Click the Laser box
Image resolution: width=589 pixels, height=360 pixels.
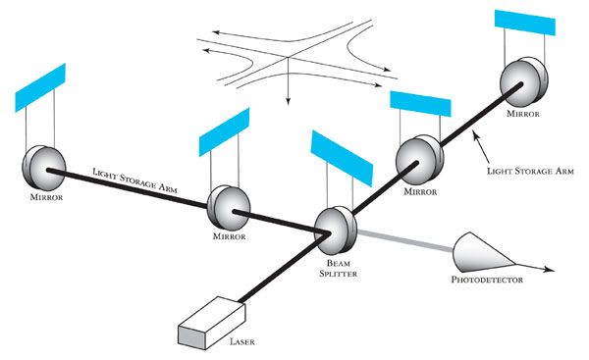pos(211,323)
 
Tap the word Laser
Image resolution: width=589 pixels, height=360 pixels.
pos(242,341)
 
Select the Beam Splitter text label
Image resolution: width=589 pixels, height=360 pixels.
pos(338,269)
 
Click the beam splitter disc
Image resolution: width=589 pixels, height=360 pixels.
pos(335,231)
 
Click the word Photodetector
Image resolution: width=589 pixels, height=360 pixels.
pos(487,280)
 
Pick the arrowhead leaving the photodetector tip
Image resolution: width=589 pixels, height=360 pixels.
pos(549,269)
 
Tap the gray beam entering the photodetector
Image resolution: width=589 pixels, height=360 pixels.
pos(404,240)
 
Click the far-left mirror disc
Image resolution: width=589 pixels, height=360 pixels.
pos(44,168)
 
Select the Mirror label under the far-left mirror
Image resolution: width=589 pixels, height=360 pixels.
pos(46,197)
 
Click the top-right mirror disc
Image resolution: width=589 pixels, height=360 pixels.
pos(523,81)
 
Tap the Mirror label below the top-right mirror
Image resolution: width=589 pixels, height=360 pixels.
pos(523,114)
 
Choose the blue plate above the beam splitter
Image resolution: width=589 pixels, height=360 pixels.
pos(342,158)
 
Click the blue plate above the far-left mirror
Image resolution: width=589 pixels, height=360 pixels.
pos(40,87)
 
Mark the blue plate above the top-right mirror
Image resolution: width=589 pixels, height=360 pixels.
pos(525,23)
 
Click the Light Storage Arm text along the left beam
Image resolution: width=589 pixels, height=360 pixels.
pos(134,180)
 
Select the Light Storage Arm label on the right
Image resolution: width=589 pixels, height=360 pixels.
pos(530,172)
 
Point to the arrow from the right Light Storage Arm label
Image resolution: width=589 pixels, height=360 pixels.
pos(482,146)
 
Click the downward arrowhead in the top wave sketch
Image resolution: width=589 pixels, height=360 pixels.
pos(288,101)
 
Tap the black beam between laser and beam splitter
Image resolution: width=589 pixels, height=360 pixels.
pos(284,268)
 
